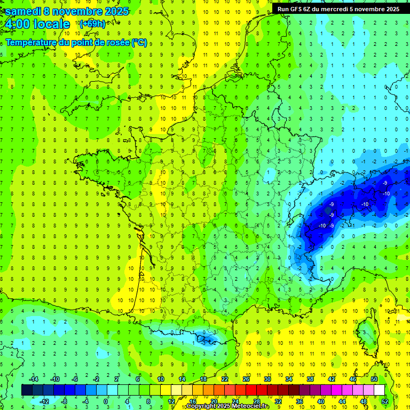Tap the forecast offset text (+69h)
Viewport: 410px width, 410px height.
tap(92, 23)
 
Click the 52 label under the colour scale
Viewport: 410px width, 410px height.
tap(385, 401)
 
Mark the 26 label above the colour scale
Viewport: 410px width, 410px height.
tap(246, 379)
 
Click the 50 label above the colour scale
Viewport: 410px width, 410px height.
tap(374, 379)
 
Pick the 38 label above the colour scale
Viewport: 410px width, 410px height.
tap(310, 379)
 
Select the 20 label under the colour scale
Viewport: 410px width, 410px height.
tap(214, 401)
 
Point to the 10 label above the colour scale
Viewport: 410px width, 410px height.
tap(161, 379)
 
